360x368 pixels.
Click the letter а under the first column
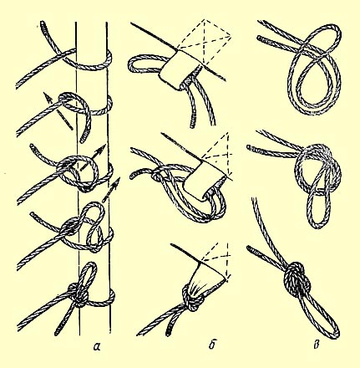97,346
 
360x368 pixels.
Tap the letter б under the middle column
211,345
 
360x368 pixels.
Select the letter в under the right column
316,345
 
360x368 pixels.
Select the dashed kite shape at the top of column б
205,41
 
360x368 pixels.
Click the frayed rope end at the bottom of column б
169,330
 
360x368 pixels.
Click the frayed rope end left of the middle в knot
251,148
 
